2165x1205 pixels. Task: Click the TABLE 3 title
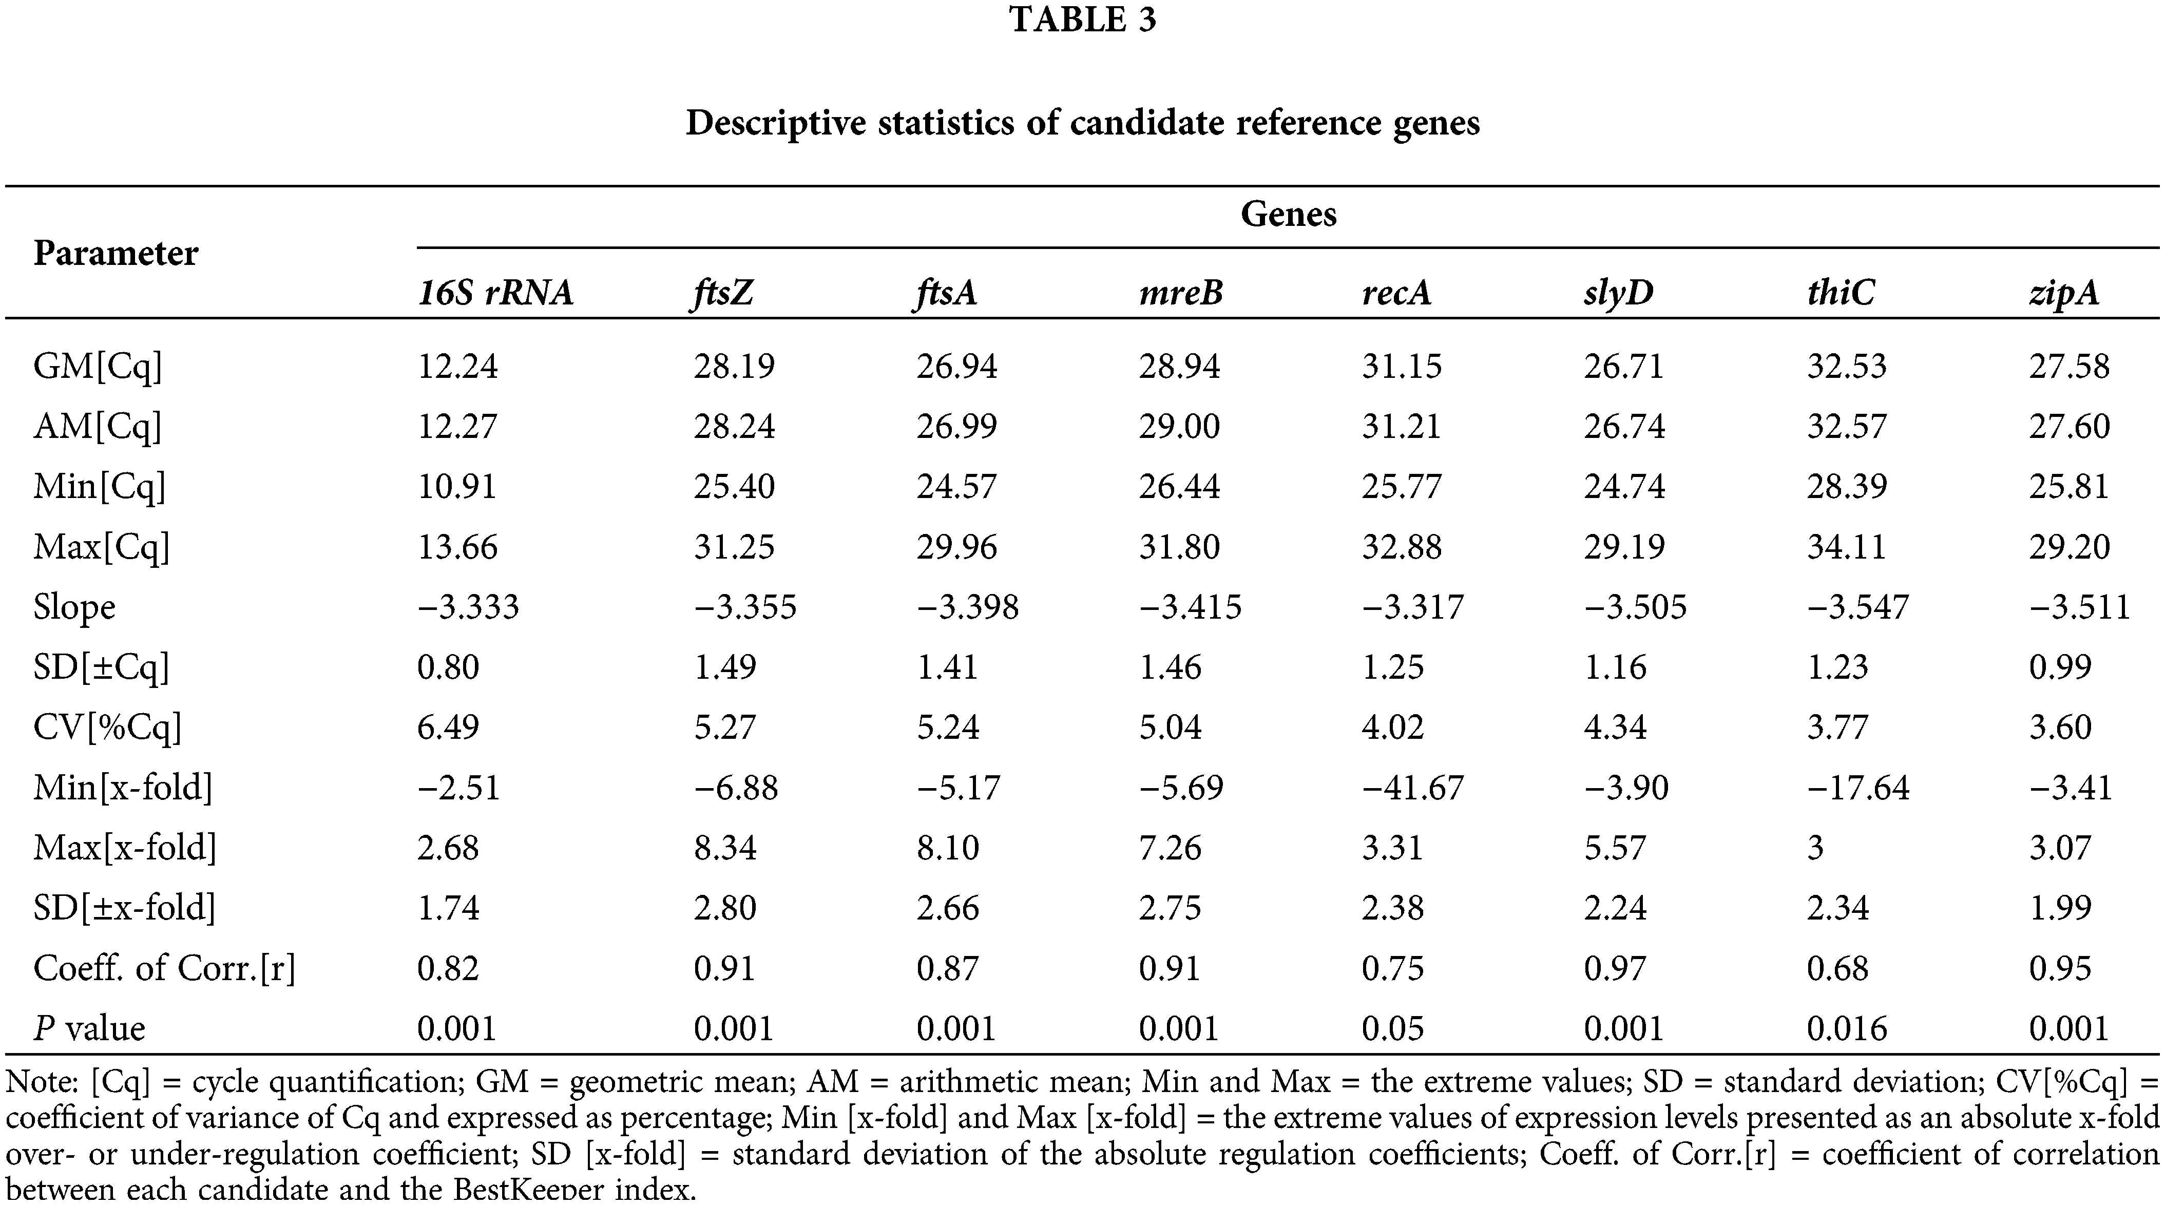[1082, 20]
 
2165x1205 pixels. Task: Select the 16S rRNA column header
[496, 293]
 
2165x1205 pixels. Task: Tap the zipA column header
[2064, 293]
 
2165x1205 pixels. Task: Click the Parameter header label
[116, 253]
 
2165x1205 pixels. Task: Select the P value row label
[89, 1028]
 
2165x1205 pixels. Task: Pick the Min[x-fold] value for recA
[1412, 788]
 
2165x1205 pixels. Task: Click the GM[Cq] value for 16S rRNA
[458, 367]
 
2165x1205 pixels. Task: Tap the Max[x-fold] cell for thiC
[1815, 847]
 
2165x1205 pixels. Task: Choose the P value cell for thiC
[1847, 1028]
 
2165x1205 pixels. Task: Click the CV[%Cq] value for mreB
[1170, 727]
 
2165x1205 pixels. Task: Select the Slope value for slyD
[1635, 607]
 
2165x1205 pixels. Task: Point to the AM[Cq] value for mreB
[1179, 426]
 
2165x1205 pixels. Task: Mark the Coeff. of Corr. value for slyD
[1615, 968]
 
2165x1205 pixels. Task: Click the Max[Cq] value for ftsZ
[734, 547]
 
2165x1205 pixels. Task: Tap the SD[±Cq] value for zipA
[2060, 667]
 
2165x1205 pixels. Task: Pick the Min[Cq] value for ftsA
[956, 487]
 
